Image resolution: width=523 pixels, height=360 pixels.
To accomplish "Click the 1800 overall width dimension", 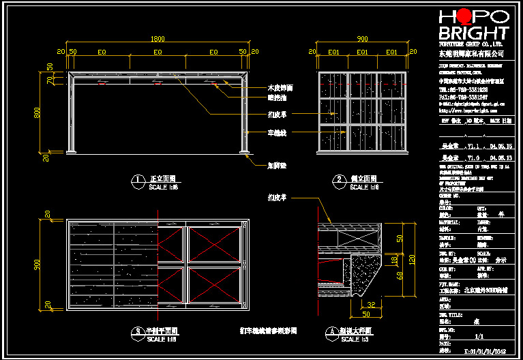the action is [x=157, y=39].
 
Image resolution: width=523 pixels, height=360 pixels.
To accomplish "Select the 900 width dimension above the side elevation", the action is [x=362, y=39].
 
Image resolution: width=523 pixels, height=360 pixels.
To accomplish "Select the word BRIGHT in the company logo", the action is [x=473, y=33].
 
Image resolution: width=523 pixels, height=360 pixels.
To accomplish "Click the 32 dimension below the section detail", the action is [x=371, y=305].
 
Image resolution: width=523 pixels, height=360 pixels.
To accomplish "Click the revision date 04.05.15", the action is [x=503, y=147].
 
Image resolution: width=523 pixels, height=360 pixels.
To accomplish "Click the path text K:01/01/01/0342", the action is [x=486, y=352].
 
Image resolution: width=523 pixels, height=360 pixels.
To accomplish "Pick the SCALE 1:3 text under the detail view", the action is [x=354, y=340].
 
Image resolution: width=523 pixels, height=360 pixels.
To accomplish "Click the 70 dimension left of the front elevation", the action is [x=50, y=80].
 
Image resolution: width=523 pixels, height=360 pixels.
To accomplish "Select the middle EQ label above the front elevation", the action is [x=158, y=52].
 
